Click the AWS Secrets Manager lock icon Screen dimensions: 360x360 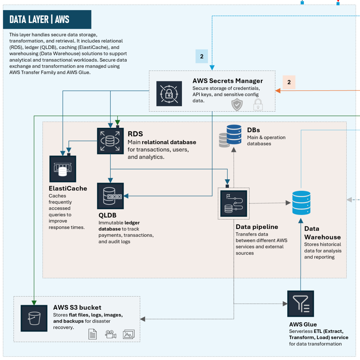[169, 94]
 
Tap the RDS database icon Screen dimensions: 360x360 [110, 141]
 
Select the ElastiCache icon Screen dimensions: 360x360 [63, 169]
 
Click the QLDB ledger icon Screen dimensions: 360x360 [110, 196]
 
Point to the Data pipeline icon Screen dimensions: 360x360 [234, 203]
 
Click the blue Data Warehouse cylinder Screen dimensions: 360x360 [301, 203]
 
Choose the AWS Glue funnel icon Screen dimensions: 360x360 [301, 303]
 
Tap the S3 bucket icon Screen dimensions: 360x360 [34, 318]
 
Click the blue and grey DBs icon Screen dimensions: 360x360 [230, 136]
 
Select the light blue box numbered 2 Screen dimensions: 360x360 [201, 56]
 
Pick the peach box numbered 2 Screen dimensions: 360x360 [289, 82]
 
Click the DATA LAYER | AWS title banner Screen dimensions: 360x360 [47, 19]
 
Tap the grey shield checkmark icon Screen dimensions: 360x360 [237, 104]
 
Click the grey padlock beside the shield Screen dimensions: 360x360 [258, 105]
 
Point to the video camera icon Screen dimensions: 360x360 [111, 334]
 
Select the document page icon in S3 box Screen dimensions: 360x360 [93, 334]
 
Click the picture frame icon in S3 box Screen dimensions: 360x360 [129, 334]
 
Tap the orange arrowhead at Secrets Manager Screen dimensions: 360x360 [278, 91]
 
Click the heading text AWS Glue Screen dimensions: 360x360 [303, 324]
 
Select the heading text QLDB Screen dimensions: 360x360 [107, 215]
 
